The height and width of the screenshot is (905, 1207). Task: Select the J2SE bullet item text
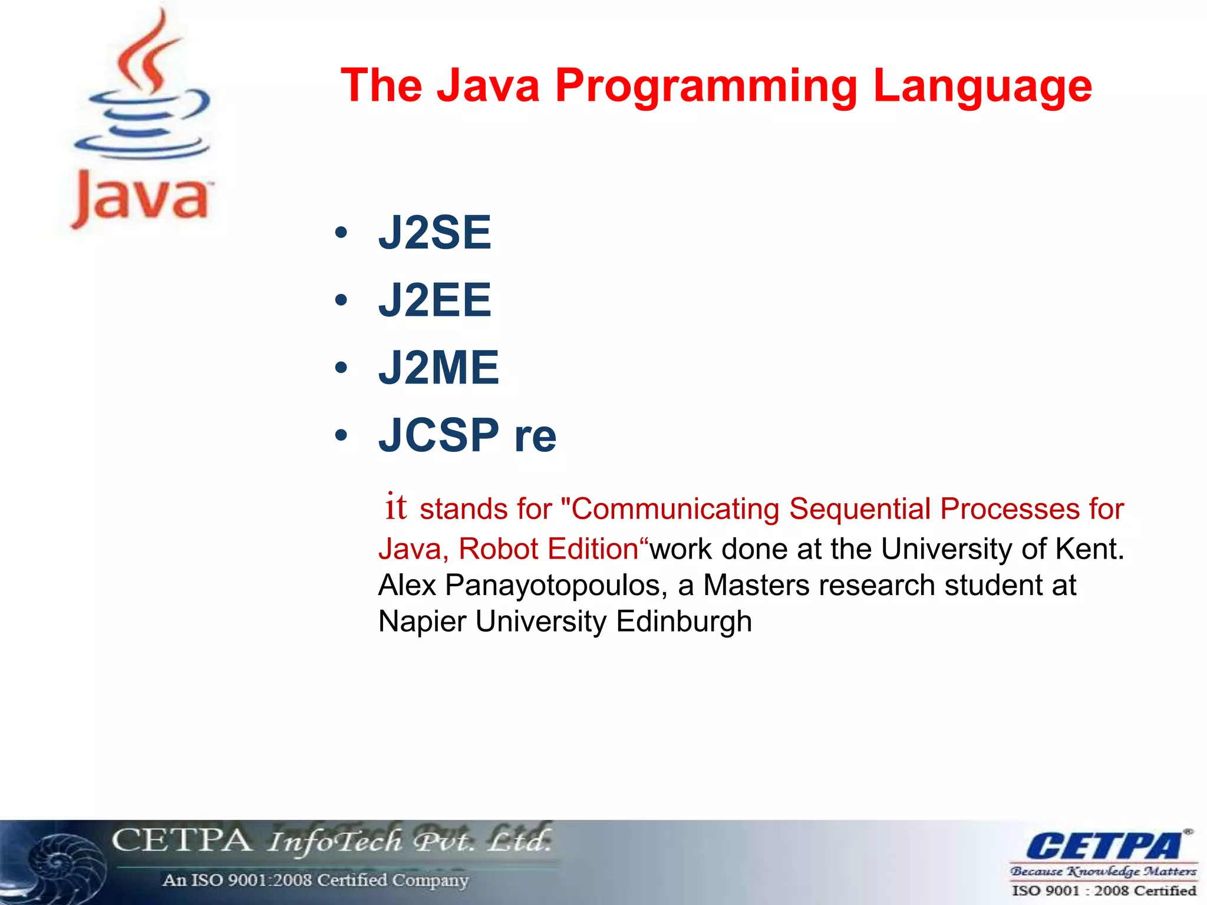pos(434,233)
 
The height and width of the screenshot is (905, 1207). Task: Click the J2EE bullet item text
pos(434,300)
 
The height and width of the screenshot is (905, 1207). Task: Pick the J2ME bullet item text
pos(438,368)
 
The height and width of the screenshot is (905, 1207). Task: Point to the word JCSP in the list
pos(438,435)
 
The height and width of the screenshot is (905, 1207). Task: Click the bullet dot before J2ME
pos(341,368)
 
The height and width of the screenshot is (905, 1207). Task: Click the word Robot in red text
pos(498,549)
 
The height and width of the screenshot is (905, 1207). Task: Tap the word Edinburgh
pos(684,622)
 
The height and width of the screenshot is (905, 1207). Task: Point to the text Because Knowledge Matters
pos(1103,871)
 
